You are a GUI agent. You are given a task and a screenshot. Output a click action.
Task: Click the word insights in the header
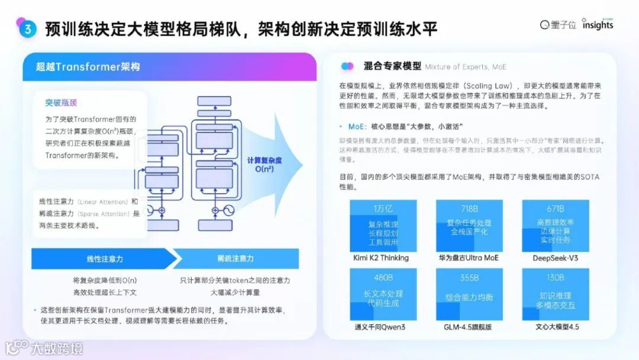coord(597,25)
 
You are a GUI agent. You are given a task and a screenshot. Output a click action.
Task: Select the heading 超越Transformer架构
coord(88,67)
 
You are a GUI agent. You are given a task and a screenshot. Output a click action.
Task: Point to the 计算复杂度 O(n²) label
coord(264,165)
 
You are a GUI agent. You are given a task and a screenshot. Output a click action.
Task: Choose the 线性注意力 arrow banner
coord(97,259)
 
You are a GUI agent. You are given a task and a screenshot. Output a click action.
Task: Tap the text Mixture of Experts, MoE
coord(466,67)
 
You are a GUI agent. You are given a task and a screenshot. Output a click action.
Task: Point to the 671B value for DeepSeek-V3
coord(555,208)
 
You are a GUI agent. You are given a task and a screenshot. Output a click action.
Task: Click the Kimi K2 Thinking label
coord(382,258)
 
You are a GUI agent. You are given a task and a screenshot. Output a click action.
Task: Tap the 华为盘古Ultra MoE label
coord(468,258)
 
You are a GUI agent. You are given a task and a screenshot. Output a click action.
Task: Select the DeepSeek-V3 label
coord(555,258)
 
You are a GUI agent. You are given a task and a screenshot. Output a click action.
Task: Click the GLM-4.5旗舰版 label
coord(468,327)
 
